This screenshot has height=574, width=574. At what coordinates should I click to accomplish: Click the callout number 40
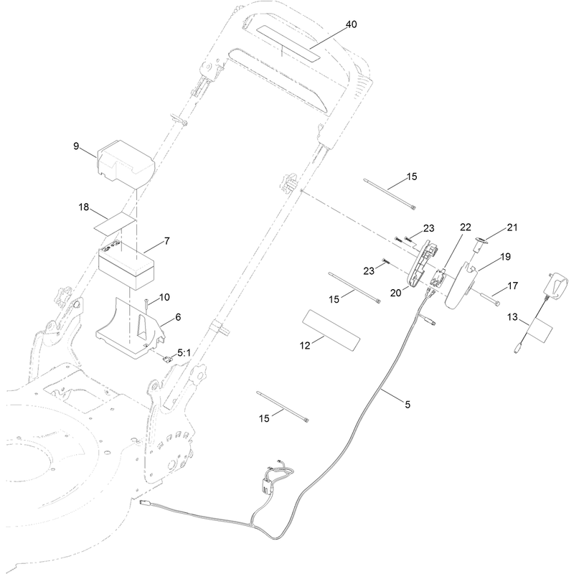351,24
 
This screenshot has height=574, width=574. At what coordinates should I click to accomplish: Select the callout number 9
76,146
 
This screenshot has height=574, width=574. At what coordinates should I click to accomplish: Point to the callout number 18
84,207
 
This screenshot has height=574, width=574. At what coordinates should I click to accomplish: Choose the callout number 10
164,297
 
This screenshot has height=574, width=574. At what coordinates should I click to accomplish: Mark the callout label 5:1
184,352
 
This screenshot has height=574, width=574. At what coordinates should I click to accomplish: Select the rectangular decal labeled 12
331,330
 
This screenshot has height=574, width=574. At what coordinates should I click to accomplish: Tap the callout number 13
512,316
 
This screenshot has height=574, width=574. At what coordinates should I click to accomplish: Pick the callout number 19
505,257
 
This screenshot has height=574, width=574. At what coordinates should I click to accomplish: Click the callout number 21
512,227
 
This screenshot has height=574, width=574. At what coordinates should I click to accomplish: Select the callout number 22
465,227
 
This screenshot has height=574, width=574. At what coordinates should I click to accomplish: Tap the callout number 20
396,293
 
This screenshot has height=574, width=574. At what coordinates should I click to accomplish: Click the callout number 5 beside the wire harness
408,405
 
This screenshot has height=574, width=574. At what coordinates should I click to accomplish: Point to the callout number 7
167,241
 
